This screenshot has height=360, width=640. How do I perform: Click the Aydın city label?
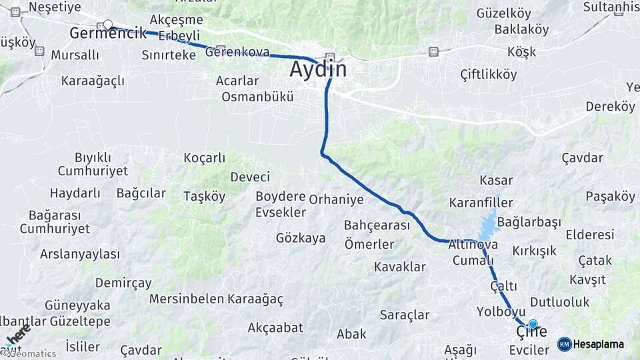click(x=319, y=69)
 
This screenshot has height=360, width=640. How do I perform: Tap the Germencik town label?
click(x=108, y=33)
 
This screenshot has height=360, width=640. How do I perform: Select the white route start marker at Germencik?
click(x=108, y=25)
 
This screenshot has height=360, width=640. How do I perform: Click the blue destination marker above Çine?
click(x=533, y=325)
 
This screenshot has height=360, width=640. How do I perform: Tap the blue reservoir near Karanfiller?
click(x=488, y=225)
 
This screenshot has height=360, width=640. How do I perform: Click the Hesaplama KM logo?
click(x=591, y=344)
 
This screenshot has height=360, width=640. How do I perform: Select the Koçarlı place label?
click(x=205, y=158)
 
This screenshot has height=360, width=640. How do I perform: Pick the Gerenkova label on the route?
click(x=238, y=52)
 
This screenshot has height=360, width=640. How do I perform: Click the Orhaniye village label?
click(x=337, y=199)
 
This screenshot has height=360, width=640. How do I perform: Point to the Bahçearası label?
click(x=377, y=225)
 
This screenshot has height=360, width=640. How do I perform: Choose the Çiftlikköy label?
click(x=489, y=75)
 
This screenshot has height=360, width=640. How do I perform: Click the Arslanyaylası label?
click(x=80, y=254)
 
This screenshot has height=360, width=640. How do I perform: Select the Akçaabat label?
click(x=275, y=327)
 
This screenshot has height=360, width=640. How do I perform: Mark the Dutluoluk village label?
click(x=560, y=302)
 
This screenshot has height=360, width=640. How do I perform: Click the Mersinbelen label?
click(x=186, y=299)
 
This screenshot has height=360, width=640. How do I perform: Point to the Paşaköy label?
click(x=610, y=197)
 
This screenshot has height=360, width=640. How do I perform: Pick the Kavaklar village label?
click(x=399, y=267)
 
